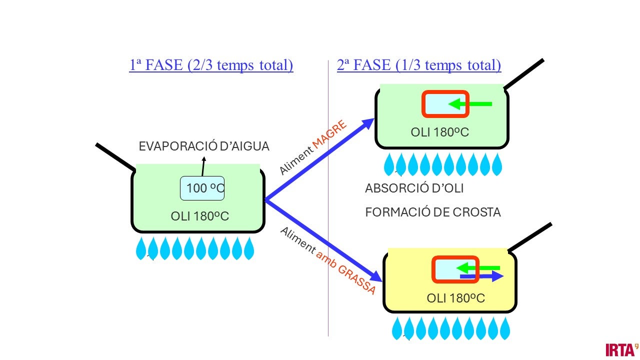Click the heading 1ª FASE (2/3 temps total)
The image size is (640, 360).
[211, 65]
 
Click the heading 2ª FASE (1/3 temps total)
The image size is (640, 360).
[419, 65]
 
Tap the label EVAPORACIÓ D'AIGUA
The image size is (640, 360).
[204, 146]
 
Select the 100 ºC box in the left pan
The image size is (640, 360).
[202, 188]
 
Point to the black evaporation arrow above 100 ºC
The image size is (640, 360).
[203, 166]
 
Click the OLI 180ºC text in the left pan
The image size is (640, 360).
[200, 216]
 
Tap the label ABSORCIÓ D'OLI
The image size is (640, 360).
[414, 188]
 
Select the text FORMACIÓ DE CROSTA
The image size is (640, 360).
[433, 212]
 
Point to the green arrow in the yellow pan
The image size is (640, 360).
[478, 267]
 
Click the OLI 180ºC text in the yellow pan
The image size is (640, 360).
[456, 298]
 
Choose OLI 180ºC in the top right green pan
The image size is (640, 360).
[440, 132]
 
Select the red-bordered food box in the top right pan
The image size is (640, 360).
[445, 104]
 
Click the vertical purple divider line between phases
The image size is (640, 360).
[328, 200]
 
